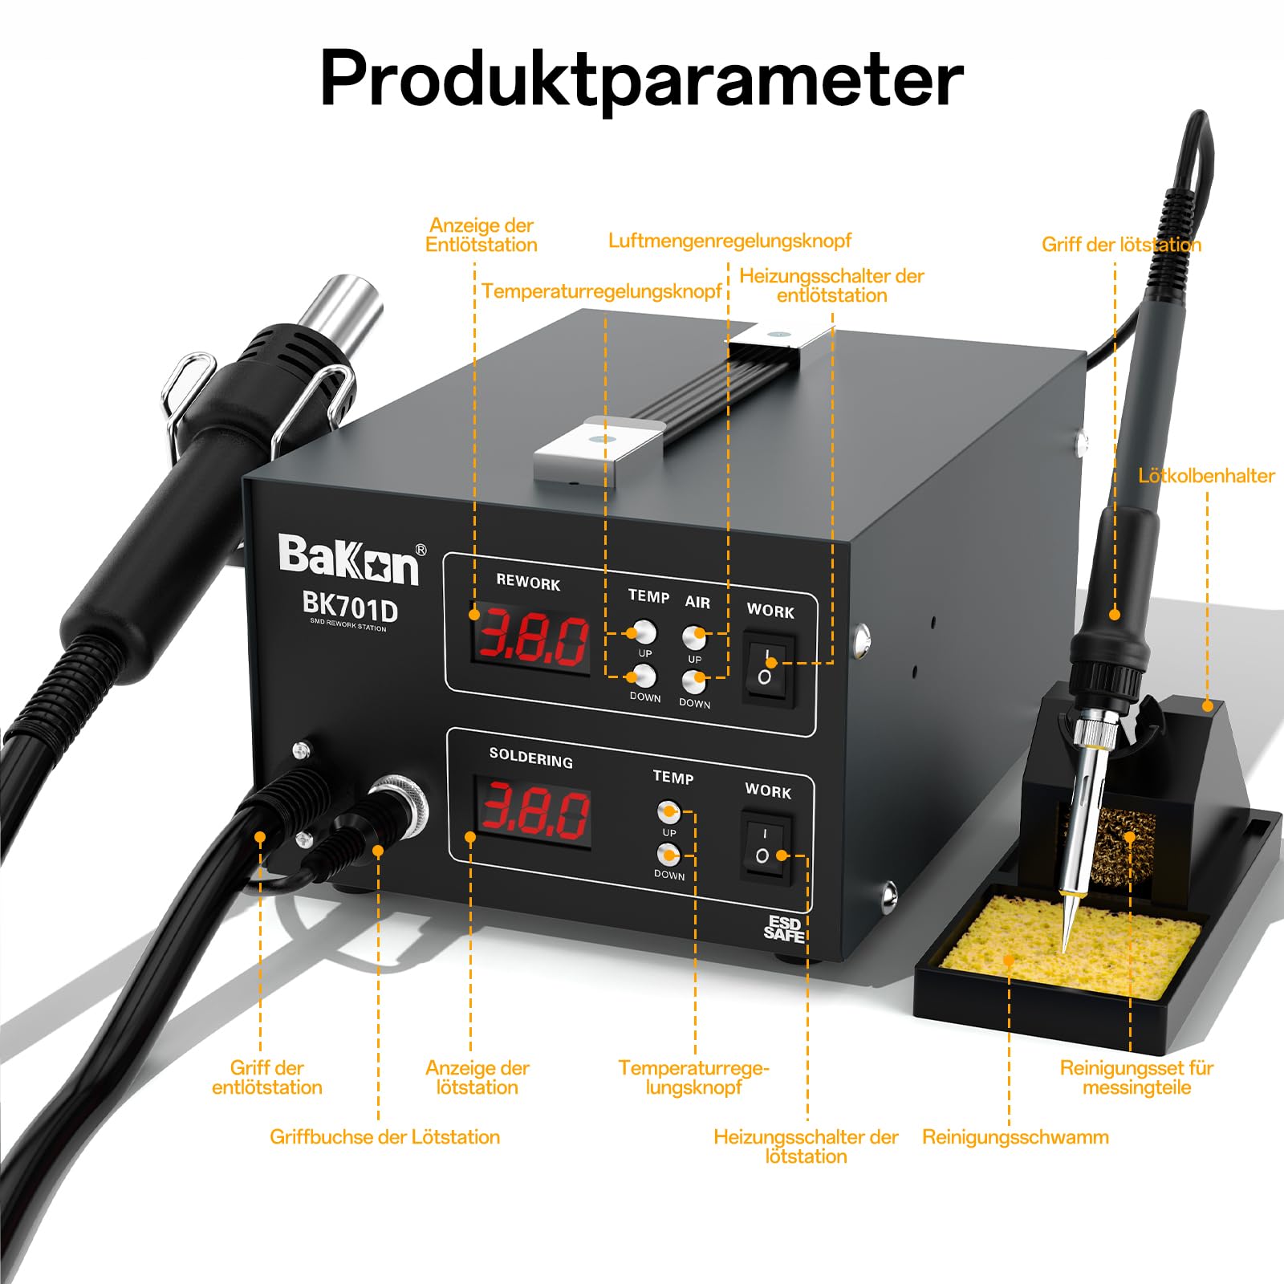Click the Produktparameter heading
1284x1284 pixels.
(x=641, y=79)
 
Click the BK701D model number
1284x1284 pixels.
(x=350, y=607)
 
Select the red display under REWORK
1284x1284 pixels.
(x=530, y=640)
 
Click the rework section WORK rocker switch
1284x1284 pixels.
(x=768, y=666)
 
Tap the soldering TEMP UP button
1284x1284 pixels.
(x=668, y=812)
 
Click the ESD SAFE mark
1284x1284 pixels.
(x=784, y=928)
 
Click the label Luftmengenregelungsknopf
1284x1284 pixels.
(x=729, y=241)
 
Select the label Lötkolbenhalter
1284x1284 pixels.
(x=1206, y=476)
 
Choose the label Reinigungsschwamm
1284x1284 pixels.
(x=1015, y=1137)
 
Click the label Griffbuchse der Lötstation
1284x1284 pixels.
(x=384, y=1137)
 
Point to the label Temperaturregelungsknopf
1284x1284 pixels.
(x=602, y=291)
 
